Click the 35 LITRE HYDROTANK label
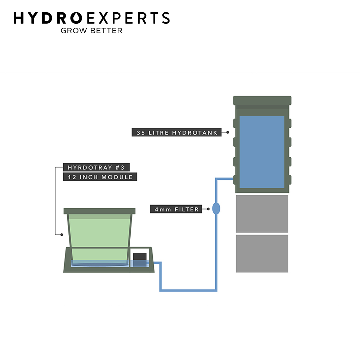click(176, 132)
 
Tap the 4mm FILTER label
click(176, 209)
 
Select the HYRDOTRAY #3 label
click(96, 167)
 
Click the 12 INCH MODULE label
click(100, 177)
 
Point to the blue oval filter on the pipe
click(216, 208)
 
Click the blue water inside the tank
click(262, 152)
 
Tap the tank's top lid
click(262, 100)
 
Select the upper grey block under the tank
click(262, 214)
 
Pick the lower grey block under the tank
click(262, 253)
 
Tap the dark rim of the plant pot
click(99, 211)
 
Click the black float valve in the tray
click(140, 260)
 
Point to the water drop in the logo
click(76, 18)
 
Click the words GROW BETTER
click(91, 31)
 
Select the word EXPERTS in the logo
click(128, 18)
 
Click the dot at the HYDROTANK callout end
click(228, 132)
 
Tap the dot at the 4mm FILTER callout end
click(208, 209)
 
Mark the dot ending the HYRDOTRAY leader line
click(62, 235)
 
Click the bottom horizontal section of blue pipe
click(188, 291)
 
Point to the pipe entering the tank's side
click(225, 179)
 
